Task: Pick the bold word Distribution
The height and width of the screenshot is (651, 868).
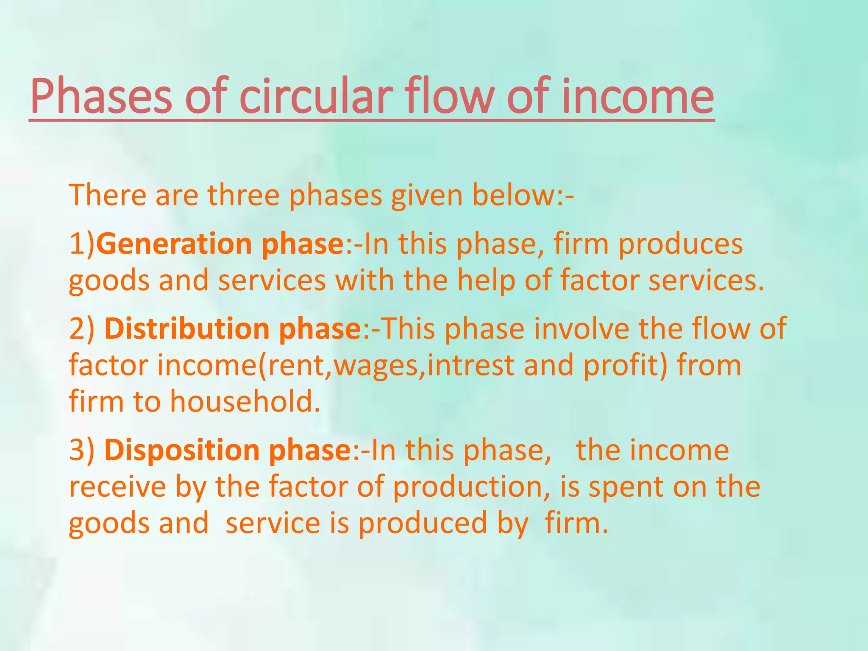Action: click(187, 329)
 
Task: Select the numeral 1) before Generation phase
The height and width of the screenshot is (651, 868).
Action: click(83, 244)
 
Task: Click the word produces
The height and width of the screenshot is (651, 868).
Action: click(680, 244)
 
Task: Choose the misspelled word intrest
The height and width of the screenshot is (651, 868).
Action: click(471, 365)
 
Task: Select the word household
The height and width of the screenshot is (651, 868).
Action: click(245, 401)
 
